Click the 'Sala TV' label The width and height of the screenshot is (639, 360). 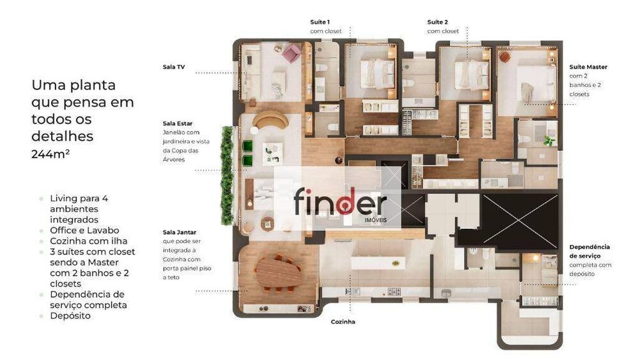pos(174,67)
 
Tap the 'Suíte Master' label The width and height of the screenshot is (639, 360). pos(588,67)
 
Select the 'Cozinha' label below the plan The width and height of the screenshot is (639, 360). pos(343,322)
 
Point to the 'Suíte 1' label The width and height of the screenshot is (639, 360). pos(320,22)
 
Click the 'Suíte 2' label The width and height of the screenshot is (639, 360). pos(437,22)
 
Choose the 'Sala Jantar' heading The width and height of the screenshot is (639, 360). pos(180,232)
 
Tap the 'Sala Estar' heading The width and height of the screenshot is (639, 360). pos(177,123)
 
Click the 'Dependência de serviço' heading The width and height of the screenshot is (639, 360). pos(589,251)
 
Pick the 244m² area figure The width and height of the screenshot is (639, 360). pos(50,154)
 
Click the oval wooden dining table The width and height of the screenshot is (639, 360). pos(279,272)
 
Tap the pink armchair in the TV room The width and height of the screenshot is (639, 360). pos(291,52)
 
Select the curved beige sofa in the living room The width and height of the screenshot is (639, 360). pos(270,120)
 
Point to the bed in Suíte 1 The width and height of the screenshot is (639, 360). pos(377,73)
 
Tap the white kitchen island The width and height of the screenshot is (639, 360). pos(378,263)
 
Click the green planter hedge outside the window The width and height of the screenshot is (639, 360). pos(227,175)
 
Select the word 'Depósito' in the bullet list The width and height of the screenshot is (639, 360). pos(70,316)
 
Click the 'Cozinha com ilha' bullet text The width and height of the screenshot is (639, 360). pos(88,241)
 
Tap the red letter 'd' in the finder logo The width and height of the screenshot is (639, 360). pos(345,201)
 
